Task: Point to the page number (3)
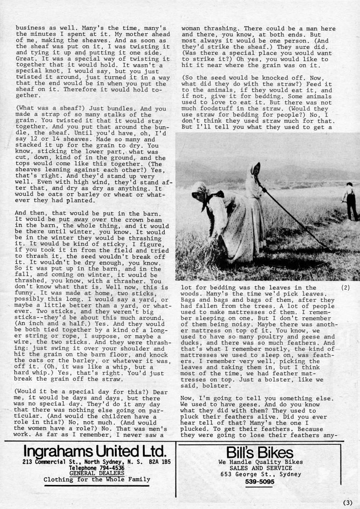[x=347, y=502]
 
